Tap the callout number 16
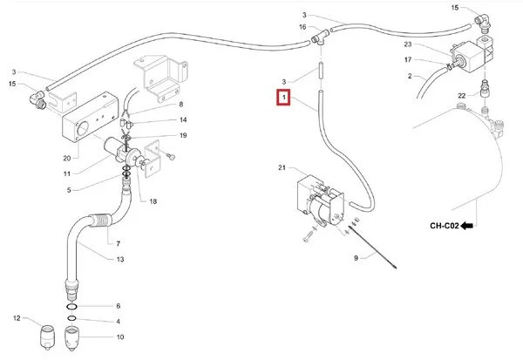click(302, 28)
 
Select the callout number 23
click(407, 44)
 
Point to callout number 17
click(407, 59)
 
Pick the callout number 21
click(282, 167)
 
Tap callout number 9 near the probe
click(356, 259)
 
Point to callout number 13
click(120, 260)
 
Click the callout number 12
click(16, 317)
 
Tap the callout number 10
click(120, 336)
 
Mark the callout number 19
click(183, 135)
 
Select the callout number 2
click(409, 76)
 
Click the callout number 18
click(153, 201)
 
